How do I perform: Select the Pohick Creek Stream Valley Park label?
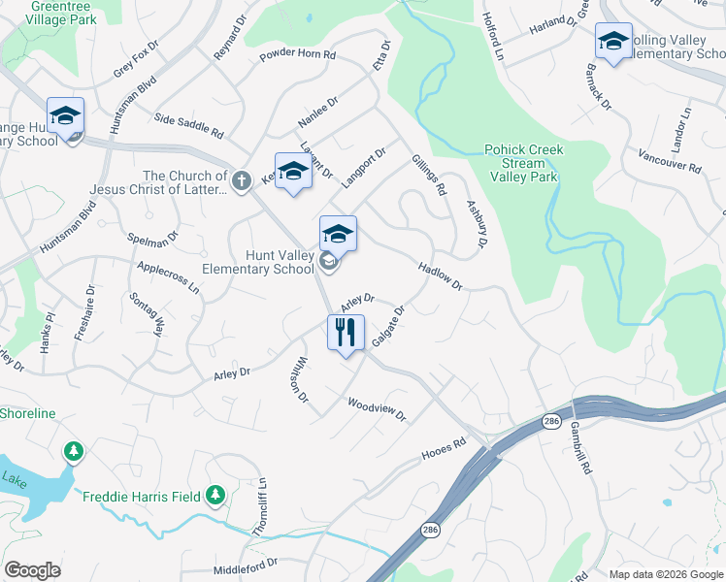click(x=523, y=163)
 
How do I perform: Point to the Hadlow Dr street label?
click(x=440, y=275)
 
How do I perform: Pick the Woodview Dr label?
click(x=376, y=408)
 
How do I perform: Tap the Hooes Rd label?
click(x=444, y=453)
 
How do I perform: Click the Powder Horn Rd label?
click(x=297, y=56)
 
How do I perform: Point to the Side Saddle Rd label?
click(x=189, y=125)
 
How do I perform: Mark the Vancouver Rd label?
click(x=670, y=161)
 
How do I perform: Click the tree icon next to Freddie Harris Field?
click(x=215, y=497)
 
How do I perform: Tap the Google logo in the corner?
click(x=32, y=570)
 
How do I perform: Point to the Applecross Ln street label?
click(x=168, y=276)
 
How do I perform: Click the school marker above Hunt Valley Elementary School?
click(x=338, y=234)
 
